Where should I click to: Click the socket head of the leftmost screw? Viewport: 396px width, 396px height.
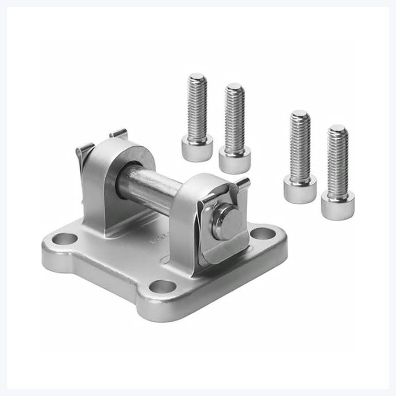(x=197, y=147)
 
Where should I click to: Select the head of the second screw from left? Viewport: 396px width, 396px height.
(x=234, y=159)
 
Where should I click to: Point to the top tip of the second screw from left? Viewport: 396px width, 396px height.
(x=234, y=86)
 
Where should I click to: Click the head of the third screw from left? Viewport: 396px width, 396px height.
(x=300, y=188)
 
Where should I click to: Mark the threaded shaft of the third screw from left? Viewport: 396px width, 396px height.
(x=300, y=147)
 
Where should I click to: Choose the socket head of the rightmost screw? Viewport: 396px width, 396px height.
(x=337, y=204)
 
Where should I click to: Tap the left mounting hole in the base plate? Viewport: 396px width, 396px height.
(x=64, y=239)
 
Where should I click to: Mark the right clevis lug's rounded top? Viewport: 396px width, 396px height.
(x=202, y=181)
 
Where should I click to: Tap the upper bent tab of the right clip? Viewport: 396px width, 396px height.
(x=242, y=183)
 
